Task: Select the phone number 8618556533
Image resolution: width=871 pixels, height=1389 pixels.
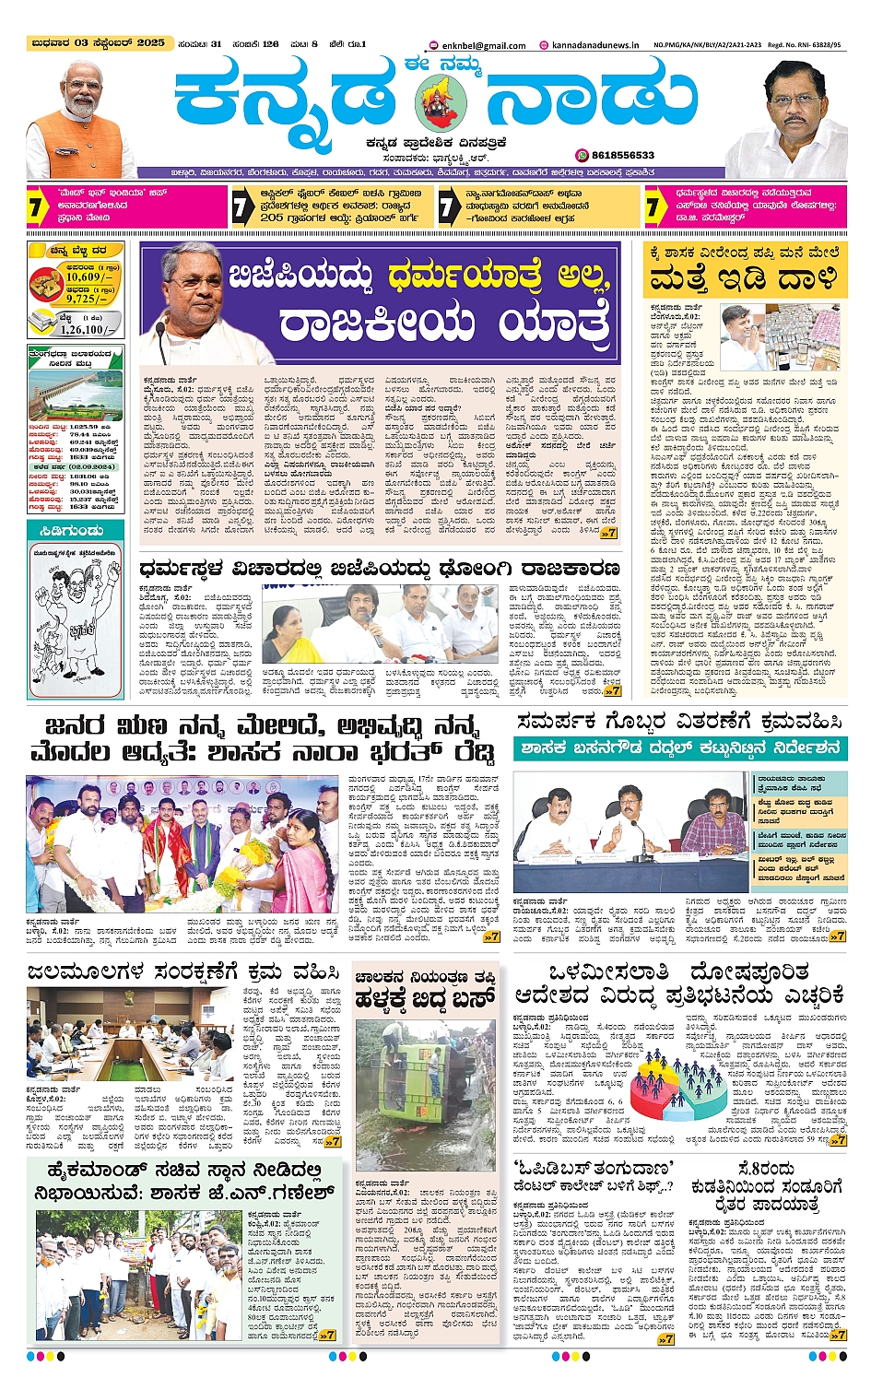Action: point(622,156)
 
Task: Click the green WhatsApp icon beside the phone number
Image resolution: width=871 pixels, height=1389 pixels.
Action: point(582,156)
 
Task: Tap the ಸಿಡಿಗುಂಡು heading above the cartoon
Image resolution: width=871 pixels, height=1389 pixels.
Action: point(73,531)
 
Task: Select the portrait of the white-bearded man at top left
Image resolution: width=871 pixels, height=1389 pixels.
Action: point(80,120)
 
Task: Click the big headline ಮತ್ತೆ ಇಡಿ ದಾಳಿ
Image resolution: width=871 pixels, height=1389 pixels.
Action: point(743,278)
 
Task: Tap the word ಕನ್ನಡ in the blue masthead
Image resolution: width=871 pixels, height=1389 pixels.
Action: point(286,97)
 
